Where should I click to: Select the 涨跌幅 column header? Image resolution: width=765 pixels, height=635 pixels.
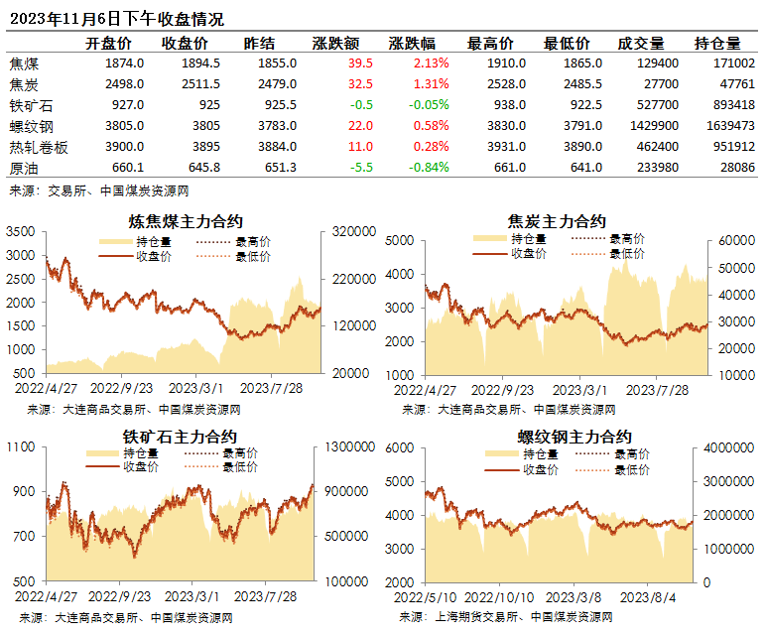412,44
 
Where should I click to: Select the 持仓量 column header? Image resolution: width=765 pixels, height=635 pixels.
717,44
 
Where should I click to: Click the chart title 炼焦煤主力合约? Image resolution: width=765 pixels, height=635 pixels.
186,221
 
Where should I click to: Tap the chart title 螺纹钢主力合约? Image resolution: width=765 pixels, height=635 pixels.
574,437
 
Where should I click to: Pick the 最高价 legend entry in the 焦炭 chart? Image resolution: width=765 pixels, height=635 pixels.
625,239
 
